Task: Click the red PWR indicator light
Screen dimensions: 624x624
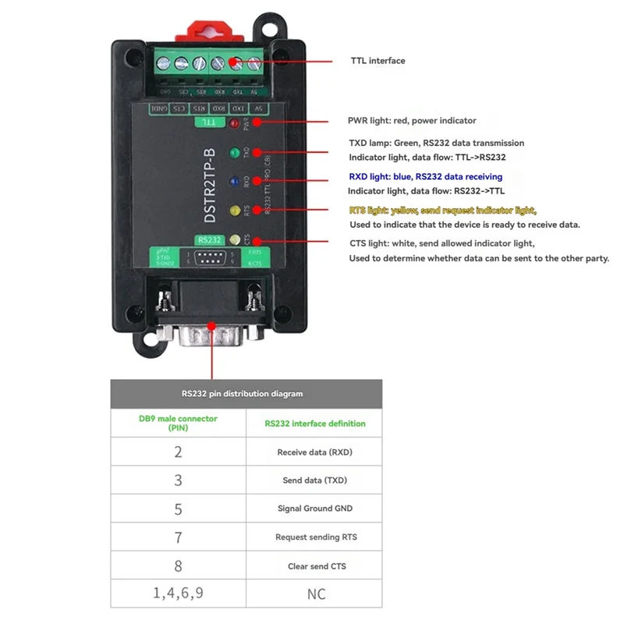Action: pos(232,124)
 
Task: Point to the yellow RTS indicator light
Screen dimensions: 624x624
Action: pos(233,211)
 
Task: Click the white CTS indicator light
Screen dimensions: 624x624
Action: pos(233,238)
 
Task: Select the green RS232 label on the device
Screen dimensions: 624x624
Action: pos(211,240)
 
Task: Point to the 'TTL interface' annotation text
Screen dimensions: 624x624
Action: pos(378,61)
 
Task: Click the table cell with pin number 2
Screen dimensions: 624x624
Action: pos(178,452)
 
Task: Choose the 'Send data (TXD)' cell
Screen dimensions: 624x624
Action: pos(314,480)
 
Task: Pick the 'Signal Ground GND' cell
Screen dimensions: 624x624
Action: pos(314,509)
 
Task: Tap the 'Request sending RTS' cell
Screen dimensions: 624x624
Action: pos(314,537)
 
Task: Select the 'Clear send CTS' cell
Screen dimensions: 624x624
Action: pos(314,565)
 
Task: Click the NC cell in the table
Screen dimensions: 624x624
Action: pos(315,594)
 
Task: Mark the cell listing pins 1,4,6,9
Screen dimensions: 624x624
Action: pos(178,594)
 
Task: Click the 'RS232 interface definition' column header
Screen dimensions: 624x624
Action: pos(314,424)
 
